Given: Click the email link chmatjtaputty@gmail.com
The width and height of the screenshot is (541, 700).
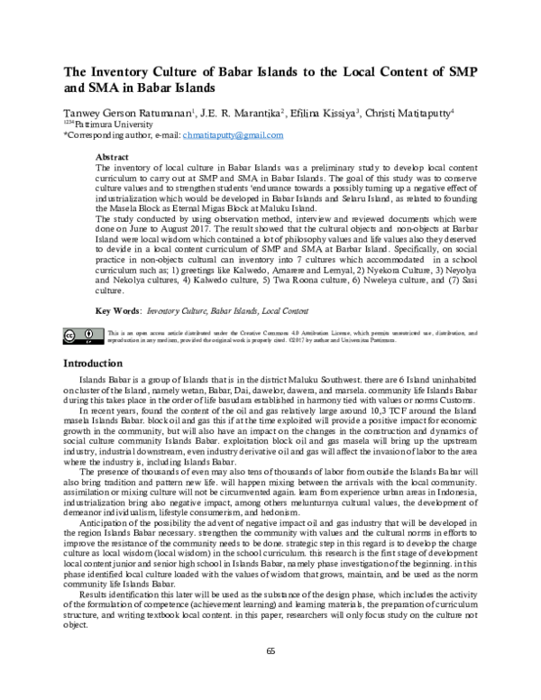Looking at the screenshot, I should click(233, 134).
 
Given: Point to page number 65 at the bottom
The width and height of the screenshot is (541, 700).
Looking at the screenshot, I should click(270, 677).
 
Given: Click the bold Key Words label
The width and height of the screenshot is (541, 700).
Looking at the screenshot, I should click(118, 309).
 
